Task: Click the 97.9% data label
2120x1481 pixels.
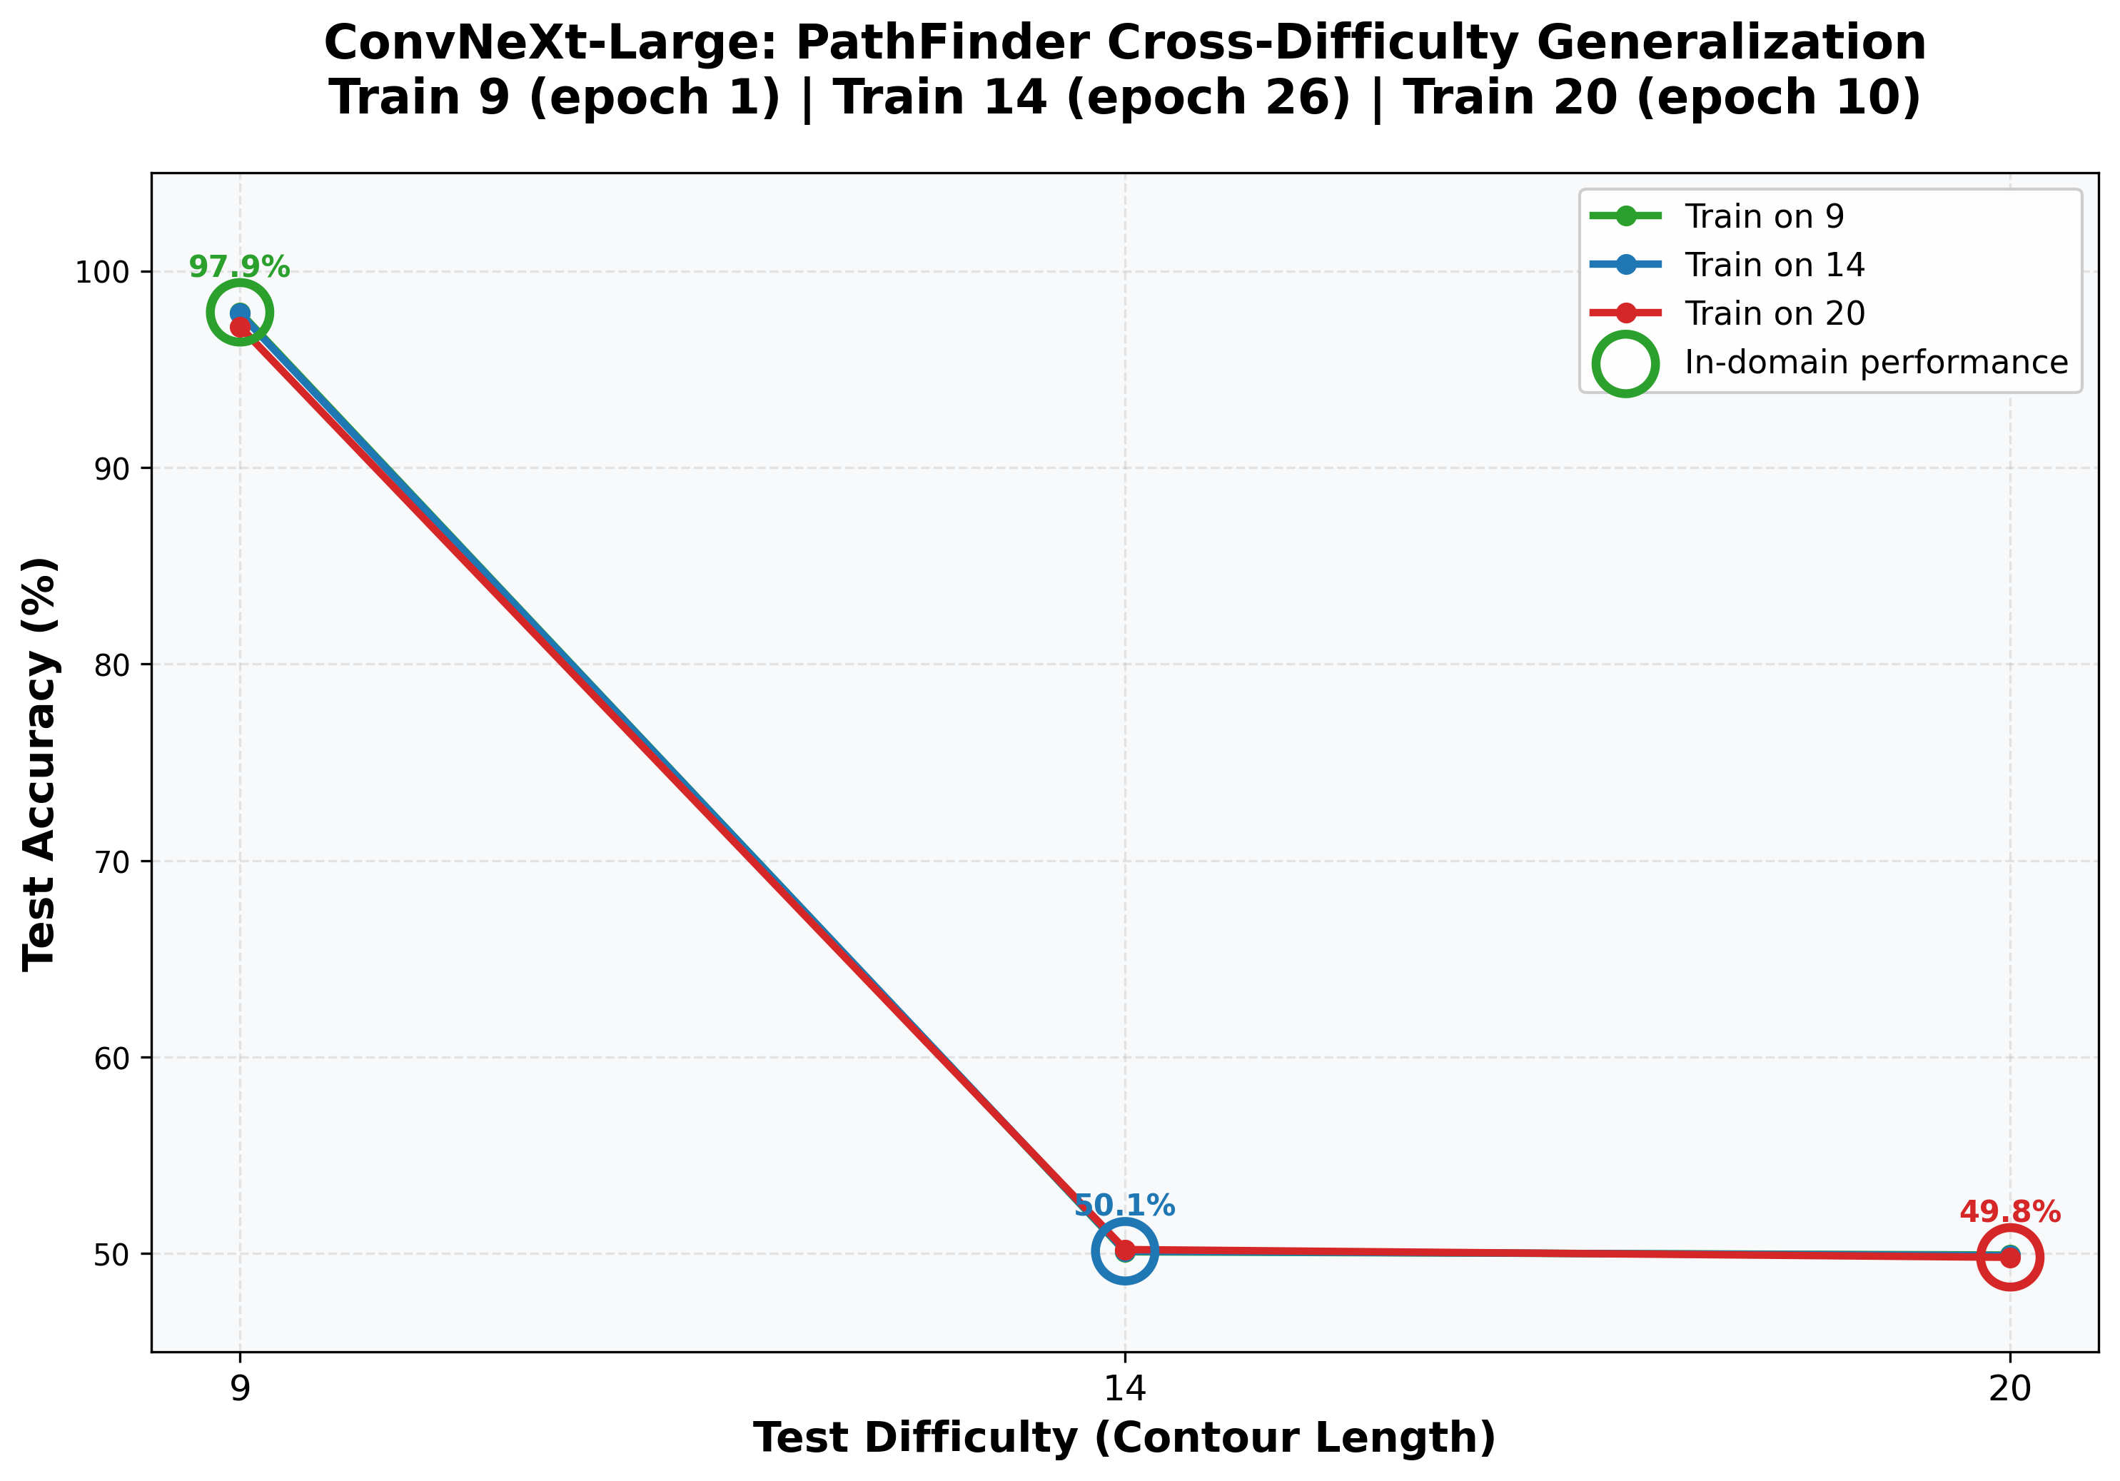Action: click(239, 268)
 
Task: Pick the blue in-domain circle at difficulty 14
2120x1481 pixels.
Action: click(1124, 1251)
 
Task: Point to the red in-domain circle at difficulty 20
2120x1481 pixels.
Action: click(2010, 1258)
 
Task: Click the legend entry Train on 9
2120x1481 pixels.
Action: click(1764, 217)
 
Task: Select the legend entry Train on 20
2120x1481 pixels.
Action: click(1774, 314)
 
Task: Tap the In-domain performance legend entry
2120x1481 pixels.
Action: click(1875, 363)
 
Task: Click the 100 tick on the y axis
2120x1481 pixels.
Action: click(113, 273)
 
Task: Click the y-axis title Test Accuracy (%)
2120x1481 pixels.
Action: click(41, 763)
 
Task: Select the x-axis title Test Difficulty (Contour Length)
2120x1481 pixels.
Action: click(1124, 1438)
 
